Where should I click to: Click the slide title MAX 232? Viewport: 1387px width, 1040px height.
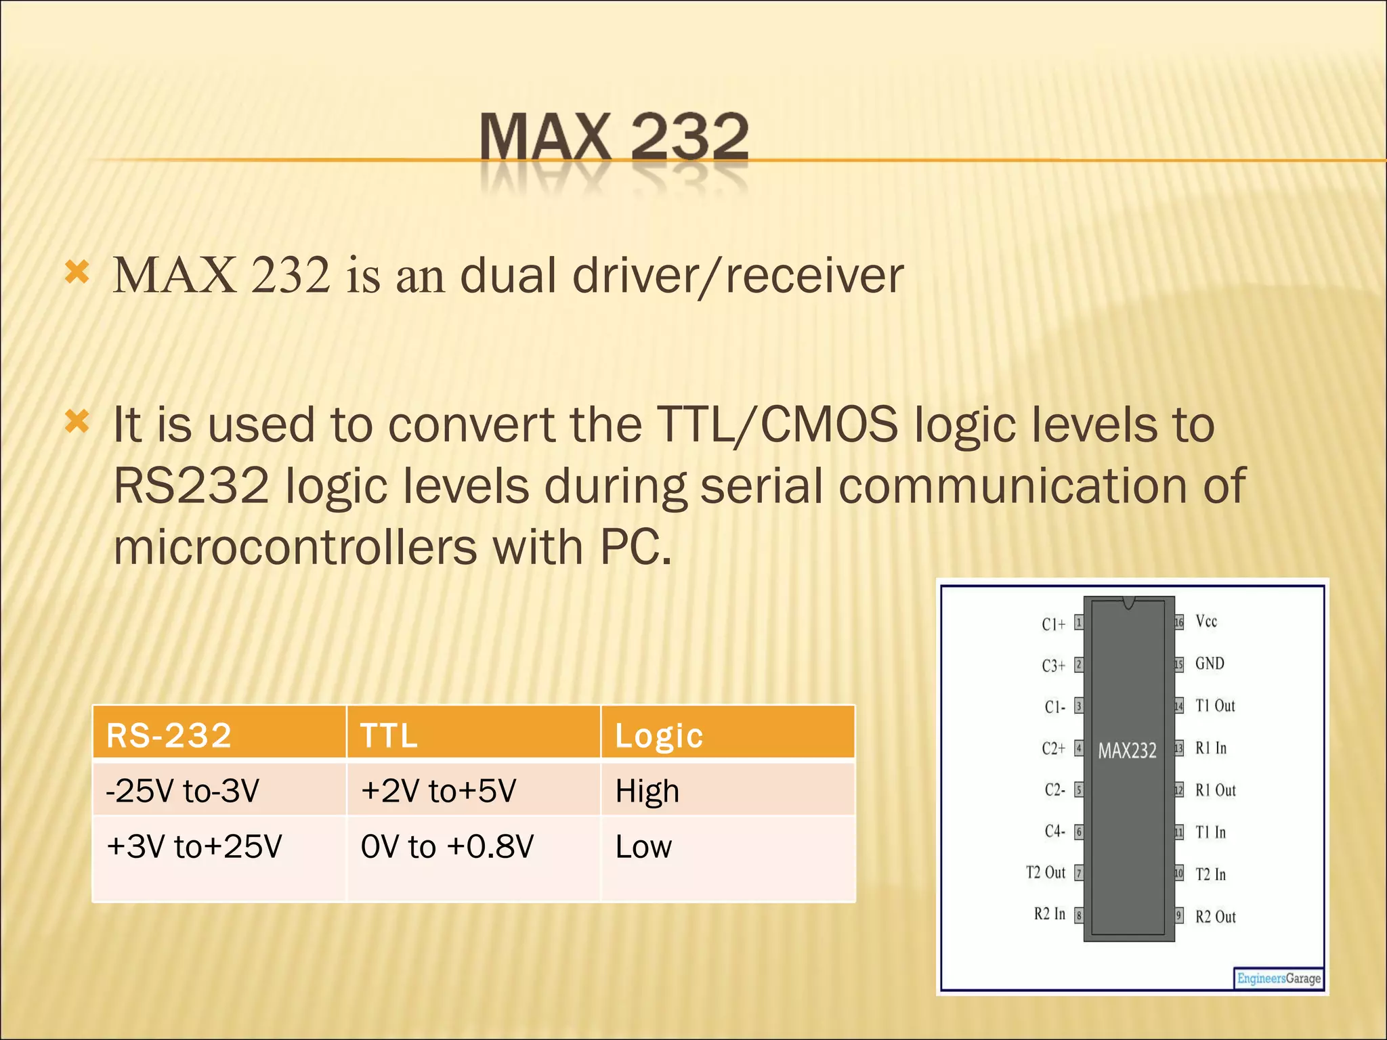(x=614, y=137)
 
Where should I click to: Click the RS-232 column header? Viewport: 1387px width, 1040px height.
(x=169, y=735)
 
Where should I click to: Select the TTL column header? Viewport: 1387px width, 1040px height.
(x=389, y=735)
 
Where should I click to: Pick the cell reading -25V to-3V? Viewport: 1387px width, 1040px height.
(x=183, y=790)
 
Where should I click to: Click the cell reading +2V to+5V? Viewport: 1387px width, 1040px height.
(x=438, y=790)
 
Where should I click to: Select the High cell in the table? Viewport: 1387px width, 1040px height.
(x=647, y=791)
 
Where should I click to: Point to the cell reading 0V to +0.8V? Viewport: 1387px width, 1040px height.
(x=447, y=846)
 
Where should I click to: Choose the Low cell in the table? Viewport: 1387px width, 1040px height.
(x=643, y=846)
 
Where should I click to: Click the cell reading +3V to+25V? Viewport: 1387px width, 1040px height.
(x=194, y=846)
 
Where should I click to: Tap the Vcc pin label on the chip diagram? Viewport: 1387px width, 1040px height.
(x=1206, y=621)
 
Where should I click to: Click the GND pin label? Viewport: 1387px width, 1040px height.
(x=1210, y=663)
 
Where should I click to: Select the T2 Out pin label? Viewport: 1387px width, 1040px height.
(x=1046, y=872)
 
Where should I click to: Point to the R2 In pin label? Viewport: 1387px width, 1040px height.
(x=1050, y=914)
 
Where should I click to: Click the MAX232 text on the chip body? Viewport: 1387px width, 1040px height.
(x=1128, y=750)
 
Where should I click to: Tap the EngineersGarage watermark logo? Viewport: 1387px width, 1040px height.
(x=1279, y=978)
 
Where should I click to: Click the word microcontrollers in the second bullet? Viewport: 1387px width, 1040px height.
(x=295, y=547)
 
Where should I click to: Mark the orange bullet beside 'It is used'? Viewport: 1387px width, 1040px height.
(x=77, y=422)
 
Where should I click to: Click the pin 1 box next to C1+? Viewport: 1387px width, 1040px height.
(x=1079, y=622)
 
